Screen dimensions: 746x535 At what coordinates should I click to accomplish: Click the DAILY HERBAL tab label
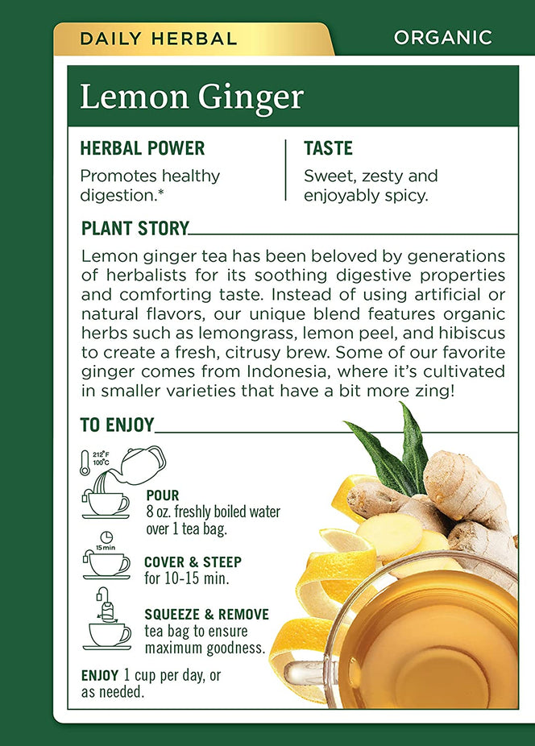[157, 38]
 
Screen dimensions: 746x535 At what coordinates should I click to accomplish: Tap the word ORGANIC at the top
[442, 37]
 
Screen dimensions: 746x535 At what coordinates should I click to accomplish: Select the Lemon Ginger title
[191, 97]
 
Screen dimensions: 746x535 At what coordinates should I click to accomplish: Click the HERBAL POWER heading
[143, 148]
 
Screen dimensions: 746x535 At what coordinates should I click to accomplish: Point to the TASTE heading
[328, 148]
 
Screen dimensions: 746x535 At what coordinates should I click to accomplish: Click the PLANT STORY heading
[135, 228]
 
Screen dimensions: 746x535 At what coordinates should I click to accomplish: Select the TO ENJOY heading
[117, 425]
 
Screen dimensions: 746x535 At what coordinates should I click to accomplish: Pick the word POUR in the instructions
[162, 495]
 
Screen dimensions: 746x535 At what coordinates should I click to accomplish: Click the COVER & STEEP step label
[193, 562]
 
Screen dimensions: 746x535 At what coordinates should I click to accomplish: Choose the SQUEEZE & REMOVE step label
[206, 615]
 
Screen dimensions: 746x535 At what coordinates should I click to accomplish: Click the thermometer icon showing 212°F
[86, 463]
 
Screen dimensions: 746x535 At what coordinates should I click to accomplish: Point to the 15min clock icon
[106, 539]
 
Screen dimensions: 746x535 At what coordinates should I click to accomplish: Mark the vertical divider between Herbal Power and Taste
[285, 170]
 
